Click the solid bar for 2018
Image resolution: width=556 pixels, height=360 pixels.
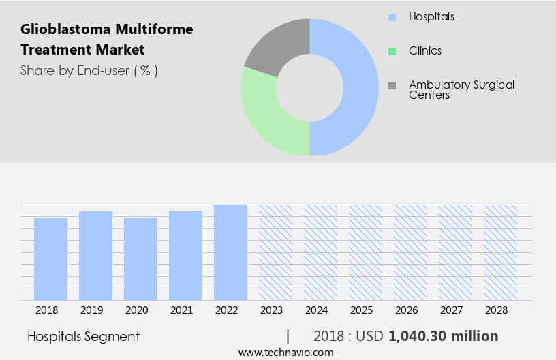click(x=50, y=258)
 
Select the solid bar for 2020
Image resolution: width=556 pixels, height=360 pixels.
click(x=140, y=258)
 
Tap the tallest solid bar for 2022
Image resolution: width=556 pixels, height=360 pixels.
click(x=230, y=252)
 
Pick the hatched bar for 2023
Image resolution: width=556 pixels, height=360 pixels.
click(x=275, y=252)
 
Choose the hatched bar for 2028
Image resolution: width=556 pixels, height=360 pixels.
click(x=500, y=252)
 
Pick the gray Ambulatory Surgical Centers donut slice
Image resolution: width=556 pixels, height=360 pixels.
click(x=276, y=44)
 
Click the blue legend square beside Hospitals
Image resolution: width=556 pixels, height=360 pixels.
click(x=391, y=16)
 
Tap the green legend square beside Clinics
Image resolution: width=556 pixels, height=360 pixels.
click(x=391, y=51)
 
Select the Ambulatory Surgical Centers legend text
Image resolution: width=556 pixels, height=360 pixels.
click(x=461, y=90)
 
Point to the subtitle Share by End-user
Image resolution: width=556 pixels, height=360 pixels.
click(x=89, y=70)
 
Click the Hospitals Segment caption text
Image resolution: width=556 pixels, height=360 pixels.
click(x=84, y=336)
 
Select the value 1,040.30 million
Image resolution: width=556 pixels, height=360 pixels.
click(x=443, y=336)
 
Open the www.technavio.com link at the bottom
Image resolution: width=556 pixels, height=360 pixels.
click(x=285, y=352)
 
